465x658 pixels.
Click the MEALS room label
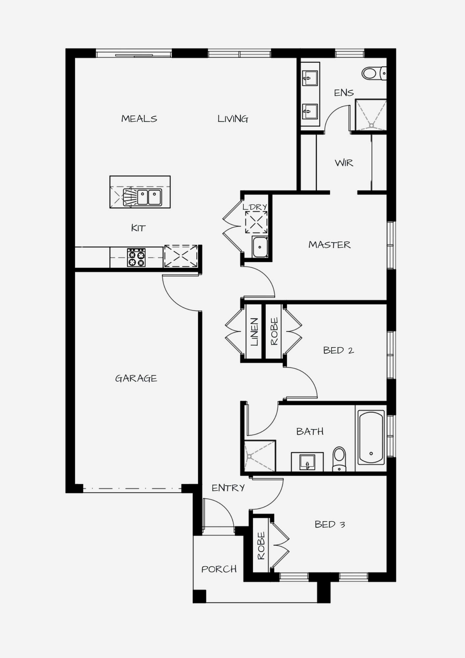click(x=139, y=118)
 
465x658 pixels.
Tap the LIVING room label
click(x=233, y=118)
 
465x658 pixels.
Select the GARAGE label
click(x=136, y=378)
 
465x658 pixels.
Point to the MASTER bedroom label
click(x=330, y=245)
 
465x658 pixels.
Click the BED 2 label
click(x=338, y=350)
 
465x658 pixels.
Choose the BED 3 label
click(x=330, y=524)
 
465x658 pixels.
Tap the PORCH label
click(x=219, y=569)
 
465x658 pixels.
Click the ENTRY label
click(x=228, y=488)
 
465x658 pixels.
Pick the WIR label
click(x=344, y=163)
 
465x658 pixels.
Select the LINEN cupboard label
click(x=254, y=332)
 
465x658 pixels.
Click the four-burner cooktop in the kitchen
click(x=136, y=257)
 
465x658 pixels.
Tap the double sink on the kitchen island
click(x=149, y=197)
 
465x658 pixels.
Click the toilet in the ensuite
click(x=374, y=73)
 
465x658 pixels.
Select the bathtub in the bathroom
click(x=371, y=437)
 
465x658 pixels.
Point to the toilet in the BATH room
click(x=339, y=459)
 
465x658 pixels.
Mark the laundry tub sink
click(x=260, y=247)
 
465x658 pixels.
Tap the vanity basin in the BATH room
click(x=307, y=462)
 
